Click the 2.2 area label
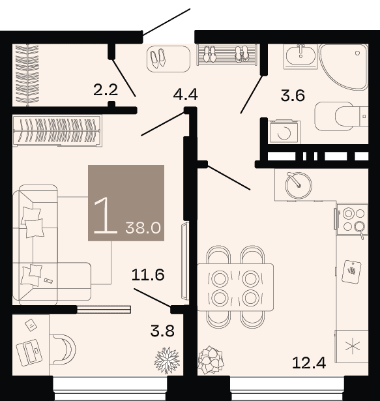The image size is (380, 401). (x=106, y=90)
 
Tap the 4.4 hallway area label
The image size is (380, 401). (x=185, y=95)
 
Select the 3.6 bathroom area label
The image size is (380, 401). (x=293, y=96)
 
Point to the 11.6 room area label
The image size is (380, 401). (x=148, y=275)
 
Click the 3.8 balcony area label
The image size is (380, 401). (x=162, y=331)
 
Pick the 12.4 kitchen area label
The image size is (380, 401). (x=309, y=363)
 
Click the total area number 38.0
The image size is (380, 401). (x=143, y=228)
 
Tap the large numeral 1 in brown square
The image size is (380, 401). (x=106, y=216)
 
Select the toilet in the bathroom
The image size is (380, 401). (x=342, y=116)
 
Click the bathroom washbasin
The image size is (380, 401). (x=300, y=56)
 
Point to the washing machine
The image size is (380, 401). (x=284, y=132)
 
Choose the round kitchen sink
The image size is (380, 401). (x=299, y=185)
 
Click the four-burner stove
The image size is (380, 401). (x=352, y=219)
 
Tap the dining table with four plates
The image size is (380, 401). (x=235, y=288)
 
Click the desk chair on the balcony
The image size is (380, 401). (x=63, y=349)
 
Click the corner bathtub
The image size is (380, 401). (x=344, y=67)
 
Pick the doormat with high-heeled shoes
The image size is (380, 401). (x=169, y=59)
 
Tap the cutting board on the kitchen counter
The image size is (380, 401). (x=351, y=272)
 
